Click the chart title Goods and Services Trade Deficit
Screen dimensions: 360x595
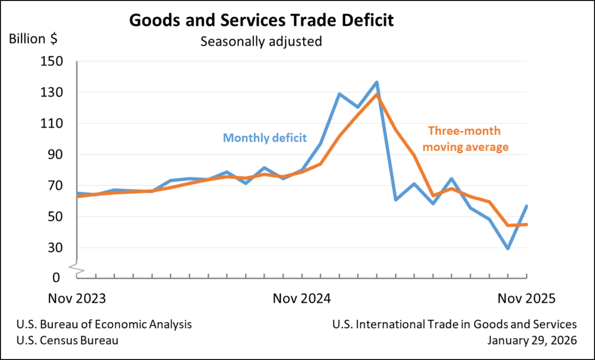[261, 21]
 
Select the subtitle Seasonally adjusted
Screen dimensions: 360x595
[261, 41]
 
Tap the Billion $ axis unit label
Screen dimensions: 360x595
[32, 39]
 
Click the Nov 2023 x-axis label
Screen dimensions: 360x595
[77, 298]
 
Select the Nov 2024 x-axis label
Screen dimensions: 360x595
[302, 298]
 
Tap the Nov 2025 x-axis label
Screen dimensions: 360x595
[526, 298]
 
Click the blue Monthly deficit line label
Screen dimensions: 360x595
[265, 138]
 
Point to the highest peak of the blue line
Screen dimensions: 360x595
[377, 82]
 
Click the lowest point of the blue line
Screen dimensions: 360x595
[508, 248]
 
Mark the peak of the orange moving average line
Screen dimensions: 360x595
[377, 94]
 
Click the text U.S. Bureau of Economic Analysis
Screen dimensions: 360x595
[104, 324]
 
